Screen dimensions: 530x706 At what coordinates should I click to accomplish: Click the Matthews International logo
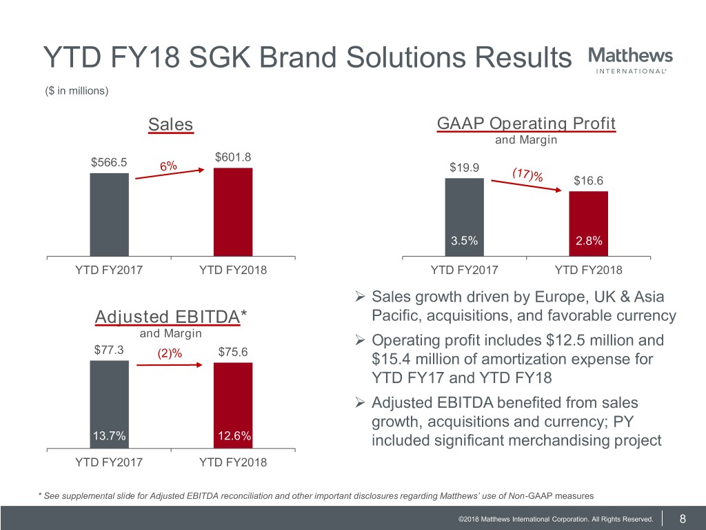630,59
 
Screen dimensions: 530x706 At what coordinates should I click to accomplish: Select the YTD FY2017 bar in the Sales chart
109,214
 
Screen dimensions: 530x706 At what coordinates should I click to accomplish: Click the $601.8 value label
233,158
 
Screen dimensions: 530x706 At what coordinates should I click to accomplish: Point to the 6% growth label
168,166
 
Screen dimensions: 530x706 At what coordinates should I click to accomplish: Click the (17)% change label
527,175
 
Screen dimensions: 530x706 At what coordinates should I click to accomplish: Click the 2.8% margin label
589,241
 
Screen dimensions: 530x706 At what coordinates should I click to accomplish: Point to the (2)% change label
169,353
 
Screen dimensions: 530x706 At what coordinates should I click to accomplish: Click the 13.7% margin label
108,435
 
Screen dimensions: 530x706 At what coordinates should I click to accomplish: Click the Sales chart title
171,125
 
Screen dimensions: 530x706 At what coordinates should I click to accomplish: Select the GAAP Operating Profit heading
526,124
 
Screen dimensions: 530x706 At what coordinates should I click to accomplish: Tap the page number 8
682,519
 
